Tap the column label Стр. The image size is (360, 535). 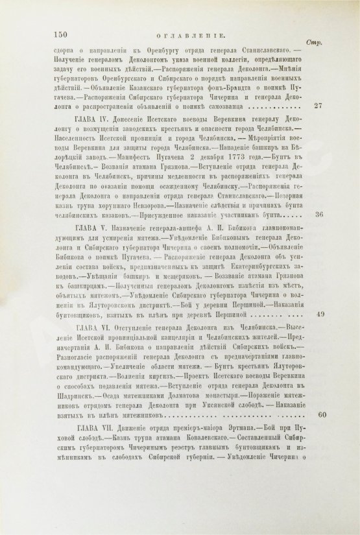click(x=336, y=39)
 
